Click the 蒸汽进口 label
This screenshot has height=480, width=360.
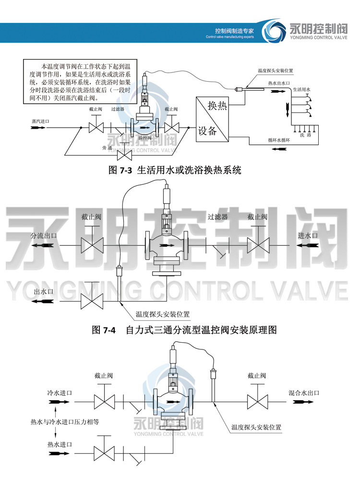40,121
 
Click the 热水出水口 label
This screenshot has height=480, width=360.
279,84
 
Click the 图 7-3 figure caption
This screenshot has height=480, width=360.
175,170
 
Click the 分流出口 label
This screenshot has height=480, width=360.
44,236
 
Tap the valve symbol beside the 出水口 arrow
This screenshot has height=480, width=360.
91,302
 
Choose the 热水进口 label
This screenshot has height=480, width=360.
59,444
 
